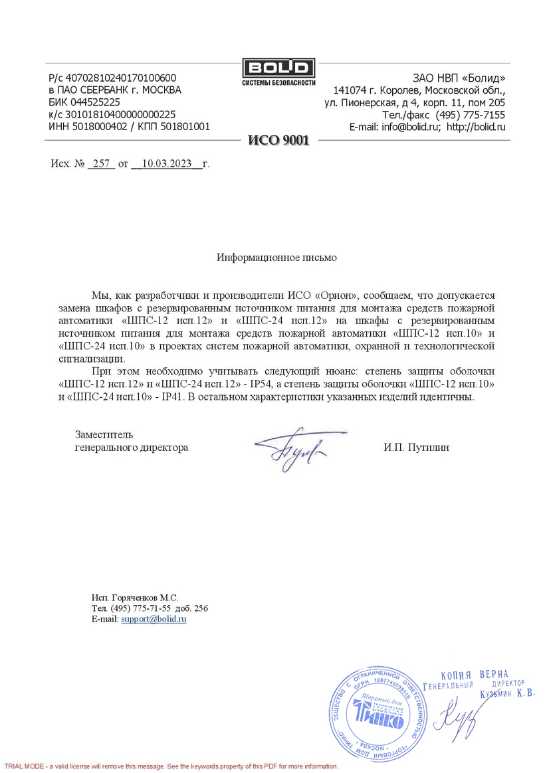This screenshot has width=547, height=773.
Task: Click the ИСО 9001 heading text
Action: tap(278, 140)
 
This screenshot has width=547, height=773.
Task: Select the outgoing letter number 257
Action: tap(102, 163)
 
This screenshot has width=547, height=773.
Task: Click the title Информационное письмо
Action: tap(276, 258)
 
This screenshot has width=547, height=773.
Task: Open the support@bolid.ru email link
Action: tap(154, 619)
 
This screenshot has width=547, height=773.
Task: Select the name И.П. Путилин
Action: tap(416, 448)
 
